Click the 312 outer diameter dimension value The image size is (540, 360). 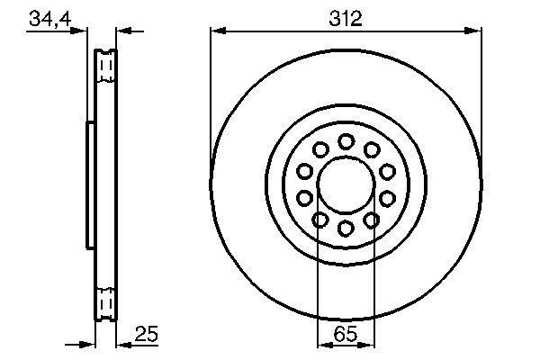tap(345, 19)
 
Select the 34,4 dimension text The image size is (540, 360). tap(50, 19)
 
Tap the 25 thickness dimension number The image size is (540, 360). tap(147, 335)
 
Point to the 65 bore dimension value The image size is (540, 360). tap(346, 335)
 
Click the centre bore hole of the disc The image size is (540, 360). tap(346, 184)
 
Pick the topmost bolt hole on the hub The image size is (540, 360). tap(346, 141)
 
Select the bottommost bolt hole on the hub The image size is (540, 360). tap(346, 227)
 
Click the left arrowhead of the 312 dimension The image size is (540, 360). tap(216, 31)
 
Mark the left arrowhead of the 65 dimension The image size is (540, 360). tap(324, 344)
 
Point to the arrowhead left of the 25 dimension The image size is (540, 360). tap(88, 344)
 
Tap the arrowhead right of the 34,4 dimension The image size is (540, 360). tap(125, 31)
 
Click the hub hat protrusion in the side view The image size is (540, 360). tap(89, 184)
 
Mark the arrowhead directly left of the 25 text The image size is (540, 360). tap(125, 344)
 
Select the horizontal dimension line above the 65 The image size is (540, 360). tap(346, 344)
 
